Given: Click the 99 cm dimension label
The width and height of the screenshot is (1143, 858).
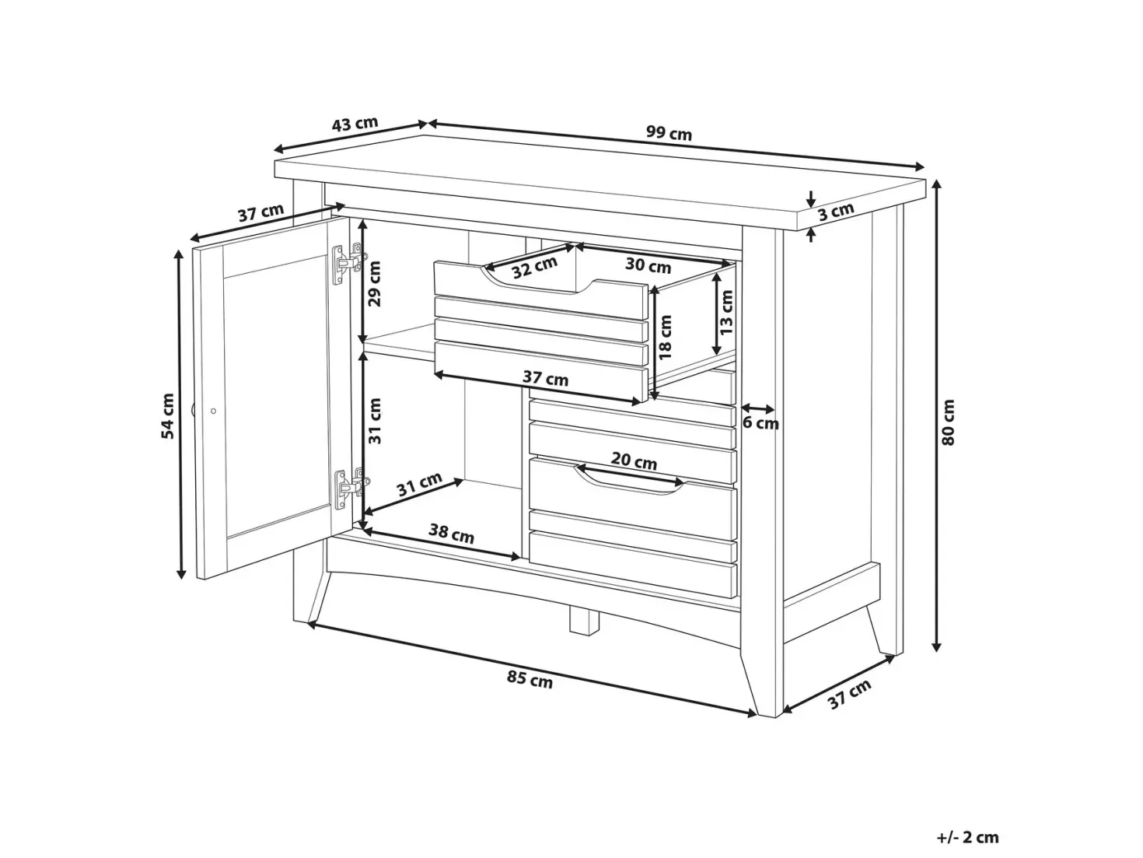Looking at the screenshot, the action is [669, 133].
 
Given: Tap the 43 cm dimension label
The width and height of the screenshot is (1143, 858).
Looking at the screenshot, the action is [355, 124].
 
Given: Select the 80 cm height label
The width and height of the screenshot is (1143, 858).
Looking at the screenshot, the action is [949, 422].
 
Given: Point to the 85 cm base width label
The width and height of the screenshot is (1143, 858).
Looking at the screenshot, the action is [530, 679].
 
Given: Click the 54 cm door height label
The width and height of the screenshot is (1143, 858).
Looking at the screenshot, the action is [168, 416].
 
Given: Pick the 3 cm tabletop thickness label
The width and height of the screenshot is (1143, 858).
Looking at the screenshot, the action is [836, 211].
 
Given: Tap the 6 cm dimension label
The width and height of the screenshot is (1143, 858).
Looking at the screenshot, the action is [760, 423].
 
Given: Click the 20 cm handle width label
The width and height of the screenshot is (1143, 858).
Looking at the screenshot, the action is [634, 461].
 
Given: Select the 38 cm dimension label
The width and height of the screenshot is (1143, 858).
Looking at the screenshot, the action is [451, 533].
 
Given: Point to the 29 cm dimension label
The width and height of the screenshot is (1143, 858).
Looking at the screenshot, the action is [374, 284].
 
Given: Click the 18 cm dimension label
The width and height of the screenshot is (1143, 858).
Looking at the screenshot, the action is [665, 337].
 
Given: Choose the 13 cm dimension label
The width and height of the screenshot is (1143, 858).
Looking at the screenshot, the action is [726, 312].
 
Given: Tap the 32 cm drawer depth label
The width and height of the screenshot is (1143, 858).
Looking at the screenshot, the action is [534, 268].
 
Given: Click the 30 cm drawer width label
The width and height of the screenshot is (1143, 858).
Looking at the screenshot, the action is [648, 265].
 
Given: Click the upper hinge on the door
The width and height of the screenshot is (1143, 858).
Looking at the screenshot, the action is [348, 264].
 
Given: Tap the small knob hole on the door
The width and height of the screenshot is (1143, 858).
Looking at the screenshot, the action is [213, 411].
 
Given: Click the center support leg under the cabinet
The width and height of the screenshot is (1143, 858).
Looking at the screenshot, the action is [583, 621].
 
